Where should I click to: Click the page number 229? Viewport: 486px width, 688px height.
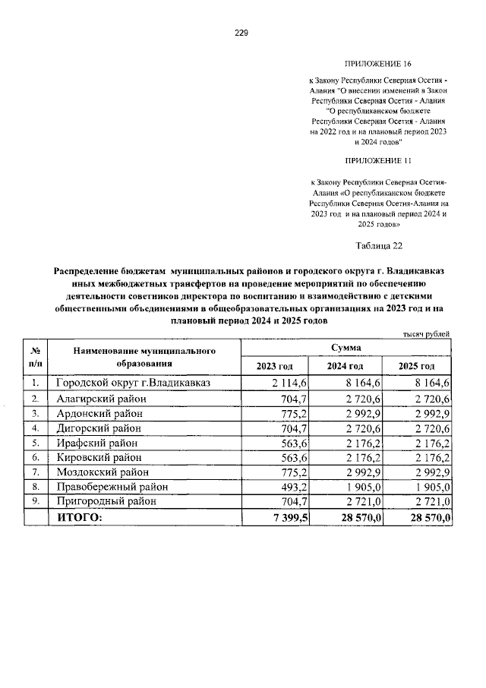tap(241, 33)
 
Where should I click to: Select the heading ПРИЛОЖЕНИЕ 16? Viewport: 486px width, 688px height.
tap(377, 66)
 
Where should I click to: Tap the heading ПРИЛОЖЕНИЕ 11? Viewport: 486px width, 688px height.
tap(377, 161)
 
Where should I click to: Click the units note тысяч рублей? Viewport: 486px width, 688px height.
tap(426, 333)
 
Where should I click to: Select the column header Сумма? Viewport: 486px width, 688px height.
tap(346, 347)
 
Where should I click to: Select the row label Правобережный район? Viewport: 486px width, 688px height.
tap(112, 487)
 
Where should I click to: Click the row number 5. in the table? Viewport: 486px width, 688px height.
tap(35, 443)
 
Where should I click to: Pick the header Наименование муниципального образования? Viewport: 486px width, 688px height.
tap(144, 357)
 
